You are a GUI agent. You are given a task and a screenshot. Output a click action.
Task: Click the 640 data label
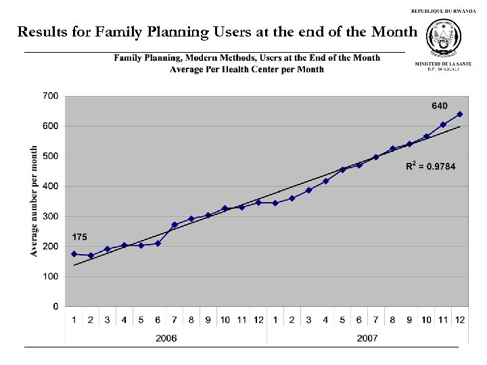[x=440, y=105]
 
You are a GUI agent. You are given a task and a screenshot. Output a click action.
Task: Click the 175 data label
[x=79, y=238]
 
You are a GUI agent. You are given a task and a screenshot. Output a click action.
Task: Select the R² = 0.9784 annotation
[x=431, y=167]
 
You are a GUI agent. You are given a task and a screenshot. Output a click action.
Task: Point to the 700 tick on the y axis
[x=50, y=96]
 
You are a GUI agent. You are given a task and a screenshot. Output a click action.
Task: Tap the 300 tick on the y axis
[x=50, y=216]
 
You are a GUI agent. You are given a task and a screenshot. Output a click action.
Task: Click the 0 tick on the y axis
[x=55, y=306]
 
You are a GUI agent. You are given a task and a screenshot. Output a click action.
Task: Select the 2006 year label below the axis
[x=166, y=337]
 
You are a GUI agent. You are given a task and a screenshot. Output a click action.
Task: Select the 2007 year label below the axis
[x=367, y=337]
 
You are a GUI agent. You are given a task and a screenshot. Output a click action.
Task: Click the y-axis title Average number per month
[x=34, y=201]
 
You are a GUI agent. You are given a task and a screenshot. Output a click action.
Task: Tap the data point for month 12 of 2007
[x=459, y=114]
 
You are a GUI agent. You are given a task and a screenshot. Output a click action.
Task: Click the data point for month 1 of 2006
[x=74, y=253]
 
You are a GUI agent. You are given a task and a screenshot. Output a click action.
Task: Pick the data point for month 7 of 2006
[x=175, y=224]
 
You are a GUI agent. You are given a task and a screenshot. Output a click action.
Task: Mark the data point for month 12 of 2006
[x=258, y=202]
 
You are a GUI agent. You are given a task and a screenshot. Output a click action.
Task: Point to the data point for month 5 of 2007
[x=342, y=170]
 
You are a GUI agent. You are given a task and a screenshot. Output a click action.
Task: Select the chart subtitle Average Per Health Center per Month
[x=247, y=69]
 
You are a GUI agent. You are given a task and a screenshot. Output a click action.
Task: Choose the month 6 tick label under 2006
[x=158, y=319]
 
